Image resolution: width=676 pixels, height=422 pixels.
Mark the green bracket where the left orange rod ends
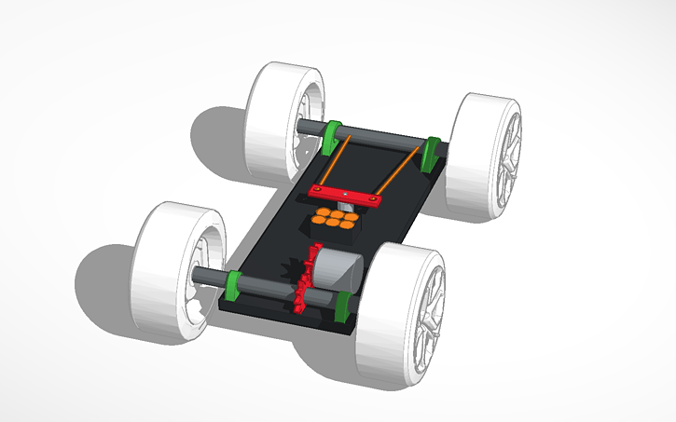tap(335, 136)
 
